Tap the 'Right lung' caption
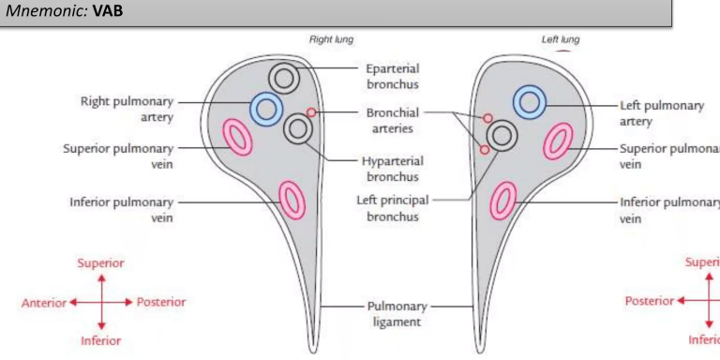click(x=331, y=40)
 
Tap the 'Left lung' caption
click(x=562, y=40)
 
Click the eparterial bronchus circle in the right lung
click(x=284, y=79)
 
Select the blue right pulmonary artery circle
click(x=266, y=109)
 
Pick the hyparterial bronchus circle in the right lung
click(x=298, y=128)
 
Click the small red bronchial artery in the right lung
click(x=311, y=112)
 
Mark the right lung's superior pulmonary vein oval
click(x=236, y=138)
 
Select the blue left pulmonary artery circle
click(x=530, y=102)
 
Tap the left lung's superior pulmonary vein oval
click(x=559, y=141)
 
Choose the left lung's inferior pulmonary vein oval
click(x=504, y=200)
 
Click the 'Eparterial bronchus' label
click(x=393, y=76)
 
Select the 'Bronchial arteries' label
click(x=393, y=120)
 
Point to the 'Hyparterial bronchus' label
click(x=393, y=168)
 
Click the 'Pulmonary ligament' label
click(x=397, y=313)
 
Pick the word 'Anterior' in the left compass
click(x=43, y=302)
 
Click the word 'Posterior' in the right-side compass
click(x=649, y=301)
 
